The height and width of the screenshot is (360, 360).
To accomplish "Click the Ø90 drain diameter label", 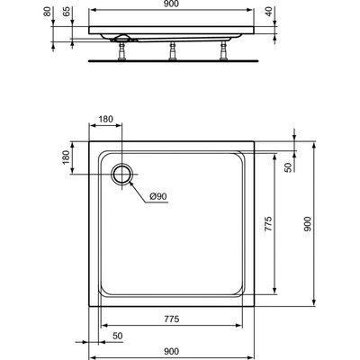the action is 157,196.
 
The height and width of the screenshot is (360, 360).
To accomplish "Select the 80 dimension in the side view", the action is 48,12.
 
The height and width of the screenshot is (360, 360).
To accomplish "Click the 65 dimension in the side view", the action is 67,12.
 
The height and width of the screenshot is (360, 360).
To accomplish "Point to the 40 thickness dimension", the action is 269,12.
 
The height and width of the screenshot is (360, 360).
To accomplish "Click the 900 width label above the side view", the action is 171,4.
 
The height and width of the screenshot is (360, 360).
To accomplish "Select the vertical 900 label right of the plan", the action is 308,224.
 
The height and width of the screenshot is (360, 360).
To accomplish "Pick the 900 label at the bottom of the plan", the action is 171,351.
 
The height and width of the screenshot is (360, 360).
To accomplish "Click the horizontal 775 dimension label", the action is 171,319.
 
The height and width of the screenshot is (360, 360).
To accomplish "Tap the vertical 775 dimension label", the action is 268,223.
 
